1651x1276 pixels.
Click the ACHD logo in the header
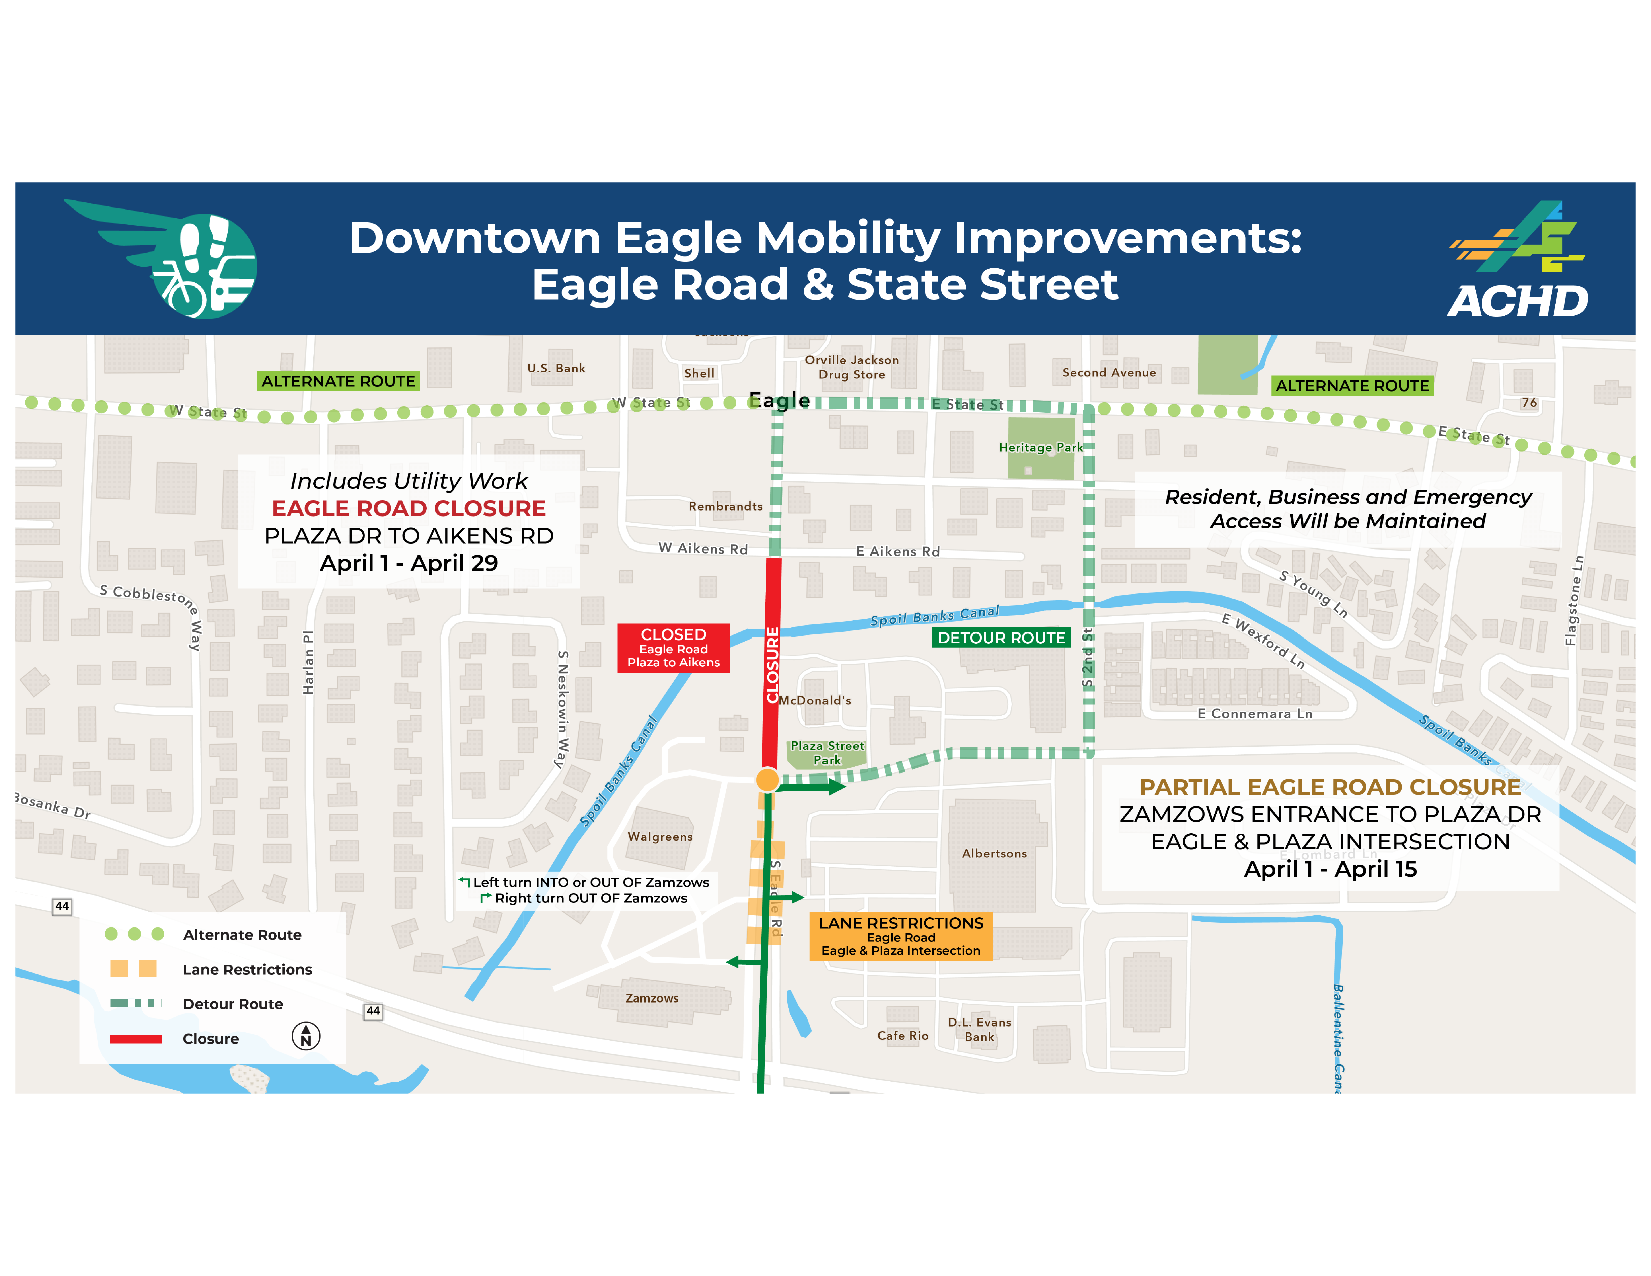coord(1518,259)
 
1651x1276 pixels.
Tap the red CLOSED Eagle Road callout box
coord(673,648)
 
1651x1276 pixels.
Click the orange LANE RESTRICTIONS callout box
coord(901,936)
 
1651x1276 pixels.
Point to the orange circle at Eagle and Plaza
coord(767,779)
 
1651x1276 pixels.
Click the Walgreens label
coord(660,837)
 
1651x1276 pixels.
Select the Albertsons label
coord(994,854)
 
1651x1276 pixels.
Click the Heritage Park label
coord(1040,447)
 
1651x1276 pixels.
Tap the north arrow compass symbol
coord(305,1036)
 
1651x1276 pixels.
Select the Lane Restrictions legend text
coord(247,970)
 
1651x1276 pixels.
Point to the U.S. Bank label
coord(556,368)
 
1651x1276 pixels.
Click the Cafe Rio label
coord(902,1036)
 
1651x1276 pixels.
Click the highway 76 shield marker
coord(1529,403)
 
